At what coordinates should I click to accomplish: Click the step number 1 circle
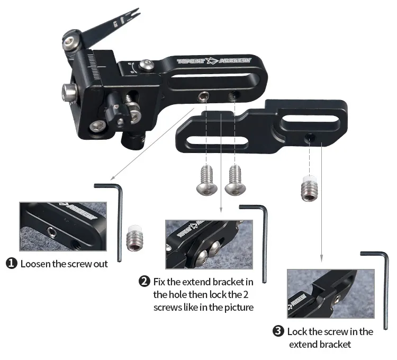pyautogui.click(x=12, y=263)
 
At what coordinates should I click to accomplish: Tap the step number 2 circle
pyautogui.click(x=145, y=281)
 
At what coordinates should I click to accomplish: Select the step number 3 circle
pyautogui.click(x=278, y=331)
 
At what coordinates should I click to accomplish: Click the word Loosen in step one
pyautogui.click(x=35, y=264)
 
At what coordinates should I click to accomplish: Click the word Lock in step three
pyautogui.click(x=297, y=331)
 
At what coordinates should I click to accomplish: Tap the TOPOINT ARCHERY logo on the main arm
pyautogui.click(x=214, y=61)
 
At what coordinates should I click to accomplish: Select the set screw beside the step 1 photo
pyautogui.click(x=134, y=238)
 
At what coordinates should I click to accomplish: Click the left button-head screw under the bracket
pyautogui.click(x=207, y=181)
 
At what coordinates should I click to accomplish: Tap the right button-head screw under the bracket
pyautogui.click(x=235, y=181)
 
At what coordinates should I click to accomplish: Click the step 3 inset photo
pyautogui.click(x=331, y=294)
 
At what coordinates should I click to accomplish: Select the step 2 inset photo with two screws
pyautogui.click(x=209, y=244)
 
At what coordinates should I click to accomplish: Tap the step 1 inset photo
pyautogui.click(x=63, y=227)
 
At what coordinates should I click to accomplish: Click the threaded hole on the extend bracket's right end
pyautogui.click(x=310, y=138)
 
